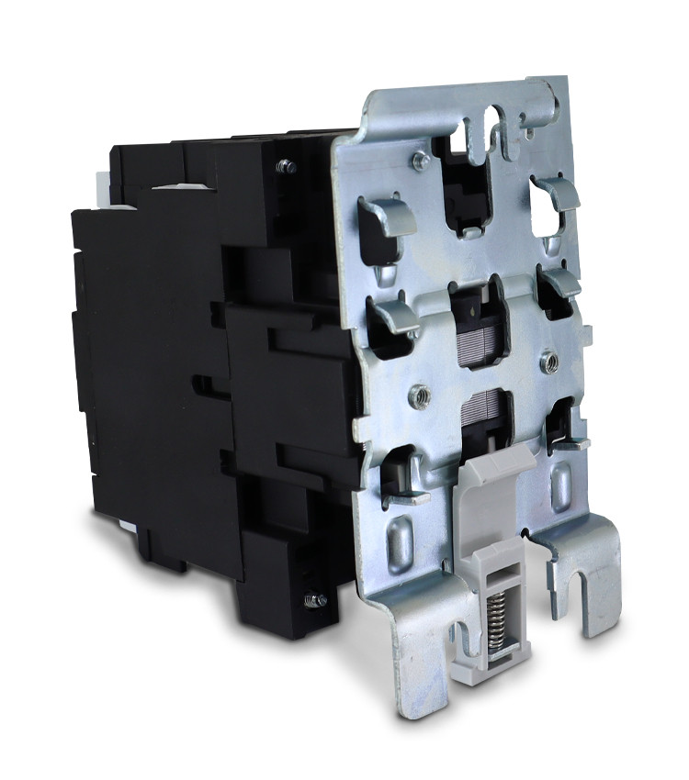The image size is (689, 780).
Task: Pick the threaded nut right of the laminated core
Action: (548, 360)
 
